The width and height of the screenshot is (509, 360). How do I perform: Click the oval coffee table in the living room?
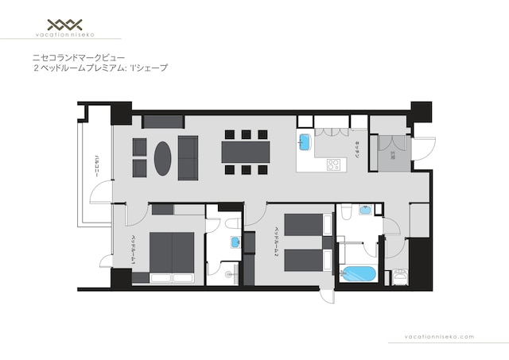pyautogui.click(x=163, y=157)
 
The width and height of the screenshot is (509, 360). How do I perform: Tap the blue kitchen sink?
pyautogui.click(x=305, y=141)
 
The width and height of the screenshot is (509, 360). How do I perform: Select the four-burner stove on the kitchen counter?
pyautogui.click(x=333, y=165)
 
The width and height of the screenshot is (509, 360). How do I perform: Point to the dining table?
pyautogui.click(x=246, y=151)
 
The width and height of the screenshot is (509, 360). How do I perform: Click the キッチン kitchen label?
pyautogui.click(x=359, y=150)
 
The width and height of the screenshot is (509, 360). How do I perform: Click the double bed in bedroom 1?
pyautogui.click(x=171, y=257)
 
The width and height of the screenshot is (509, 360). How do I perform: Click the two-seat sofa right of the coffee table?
pyautogui.click(x=188, y=157)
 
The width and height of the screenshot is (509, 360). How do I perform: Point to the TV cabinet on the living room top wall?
pyautogui.click(x=163, y=122)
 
